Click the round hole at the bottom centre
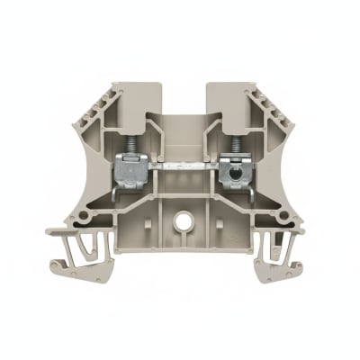point(182,220)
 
